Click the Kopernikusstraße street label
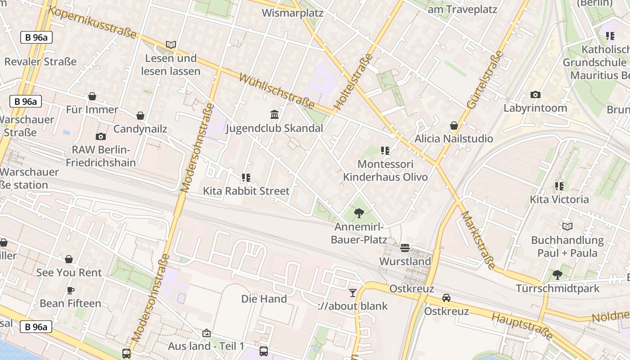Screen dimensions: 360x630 pos(92,22)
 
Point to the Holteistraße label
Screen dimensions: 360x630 pos(353,82)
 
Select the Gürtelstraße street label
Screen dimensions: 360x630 pos(485,80)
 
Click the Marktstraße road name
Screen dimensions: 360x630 pos(478,240)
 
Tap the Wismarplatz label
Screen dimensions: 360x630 pos(292,13)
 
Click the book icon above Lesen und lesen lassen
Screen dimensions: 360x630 pos(171,45)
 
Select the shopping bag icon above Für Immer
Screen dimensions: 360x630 pos(92,96)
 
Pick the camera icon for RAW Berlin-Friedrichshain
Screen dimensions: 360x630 pos(101,136)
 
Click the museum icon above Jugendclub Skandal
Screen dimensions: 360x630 pos(274,114)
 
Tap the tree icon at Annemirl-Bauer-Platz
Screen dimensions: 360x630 pos(359,213)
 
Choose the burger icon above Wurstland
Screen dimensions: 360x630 pos(405,248)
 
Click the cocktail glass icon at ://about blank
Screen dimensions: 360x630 pos(353,293)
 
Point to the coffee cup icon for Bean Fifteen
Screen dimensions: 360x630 pos(70,290)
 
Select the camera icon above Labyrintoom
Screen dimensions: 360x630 pos(535,94)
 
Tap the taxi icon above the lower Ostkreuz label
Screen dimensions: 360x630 pos(446,298)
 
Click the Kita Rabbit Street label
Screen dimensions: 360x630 pos(246,191)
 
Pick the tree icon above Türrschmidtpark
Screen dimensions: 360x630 pos(557,274)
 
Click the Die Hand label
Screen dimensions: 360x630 pos(264,299)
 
